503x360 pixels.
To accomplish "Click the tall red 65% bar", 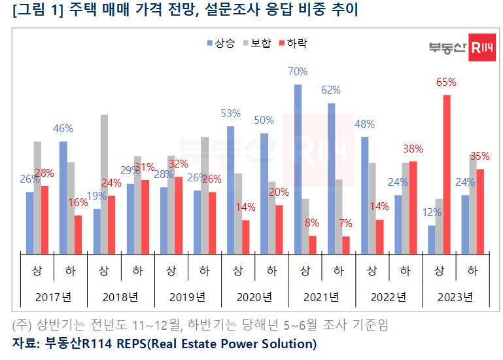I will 447,174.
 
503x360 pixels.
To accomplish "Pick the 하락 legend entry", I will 292,43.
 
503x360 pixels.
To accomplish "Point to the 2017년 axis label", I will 54,297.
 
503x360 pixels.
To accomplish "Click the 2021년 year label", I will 322,297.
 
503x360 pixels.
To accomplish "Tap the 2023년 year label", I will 456,297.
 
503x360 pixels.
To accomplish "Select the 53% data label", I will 230,113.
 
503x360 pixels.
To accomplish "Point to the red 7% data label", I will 345,223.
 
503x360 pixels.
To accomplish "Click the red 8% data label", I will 312,223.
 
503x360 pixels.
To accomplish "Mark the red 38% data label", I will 413,149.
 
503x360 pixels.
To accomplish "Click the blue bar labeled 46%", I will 63,197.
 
